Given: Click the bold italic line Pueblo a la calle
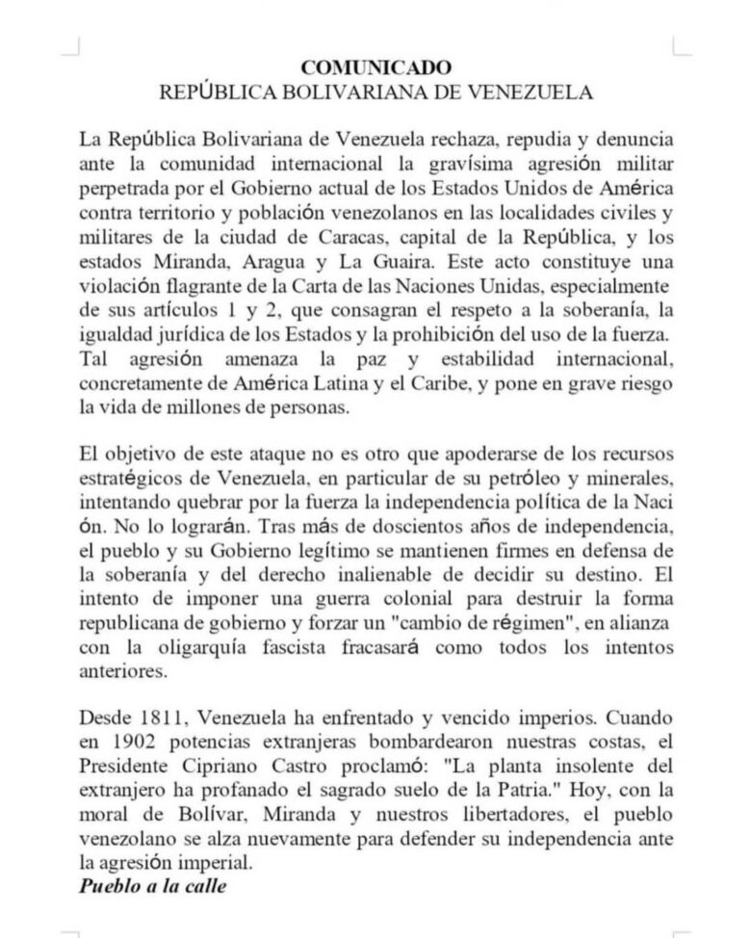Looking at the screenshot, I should (x=153, y=886).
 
